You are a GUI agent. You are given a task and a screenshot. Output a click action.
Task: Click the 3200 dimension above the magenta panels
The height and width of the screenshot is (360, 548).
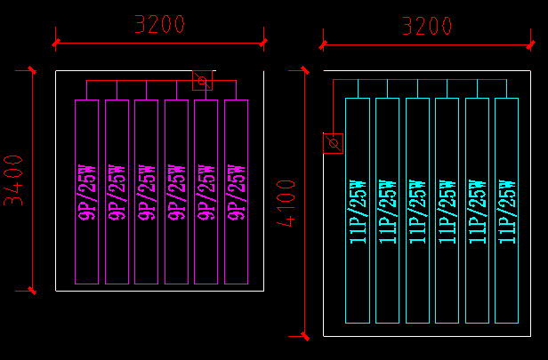(159, 24)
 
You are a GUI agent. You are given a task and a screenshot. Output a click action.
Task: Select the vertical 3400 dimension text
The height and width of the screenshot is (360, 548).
(14, 180)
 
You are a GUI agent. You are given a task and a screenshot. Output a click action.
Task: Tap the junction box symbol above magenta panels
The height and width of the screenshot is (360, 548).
(203, 82)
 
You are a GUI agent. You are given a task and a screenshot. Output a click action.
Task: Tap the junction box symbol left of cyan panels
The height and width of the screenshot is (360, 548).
(333, 142)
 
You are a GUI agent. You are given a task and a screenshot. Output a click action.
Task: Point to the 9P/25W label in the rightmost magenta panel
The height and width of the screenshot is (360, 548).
(236, 191)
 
